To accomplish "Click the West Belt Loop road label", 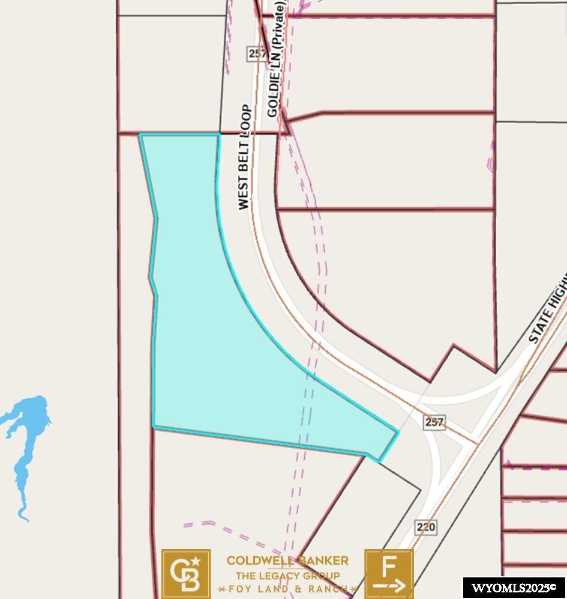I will pyautogui.click(x=244, y=157).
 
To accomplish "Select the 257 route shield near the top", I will pyautogui.click(x=257, y=53).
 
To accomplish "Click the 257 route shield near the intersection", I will pyautogui.click(x=434, y=422).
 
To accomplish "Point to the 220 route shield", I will pyautogui.click(x=425, y=528).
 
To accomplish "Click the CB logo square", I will pyautogui.click(x=186, y=574).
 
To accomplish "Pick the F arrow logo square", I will pyautogui.click(x=389, y=574).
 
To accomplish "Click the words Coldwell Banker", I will pyautogui.click(x=287, y=561).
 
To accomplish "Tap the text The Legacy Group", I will pyautogui.click(x=287, y=576).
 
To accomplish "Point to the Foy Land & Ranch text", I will pyautogui.click(x=287, y=588).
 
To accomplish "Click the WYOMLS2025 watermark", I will pyautogui.click(x=514, y=588).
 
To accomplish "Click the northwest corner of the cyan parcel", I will pyautogui.click(x=140, y=135).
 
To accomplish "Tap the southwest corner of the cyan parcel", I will pyautogui.click(x=154, y=427).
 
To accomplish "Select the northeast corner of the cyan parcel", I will pyautogui.click(x=218, y=135).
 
